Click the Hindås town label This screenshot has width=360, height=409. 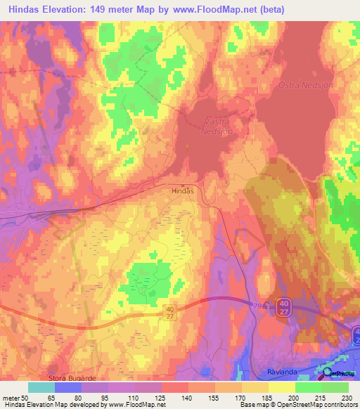(183, 190)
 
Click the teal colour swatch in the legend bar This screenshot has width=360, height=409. (41, 387)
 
